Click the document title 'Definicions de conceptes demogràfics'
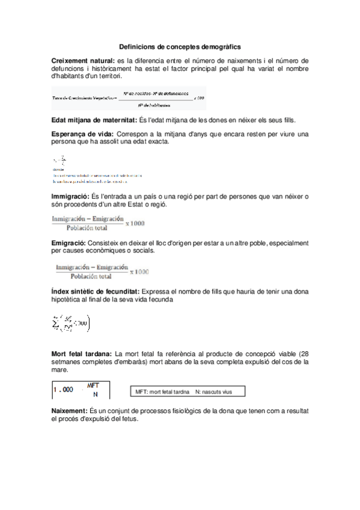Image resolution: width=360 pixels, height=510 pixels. click(x=180, y=46)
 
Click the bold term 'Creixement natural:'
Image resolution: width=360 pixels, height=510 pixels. click(x=83, y=61)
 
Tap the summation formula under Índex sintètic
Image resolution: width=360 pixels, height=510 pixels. click(x=71, y=324)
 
